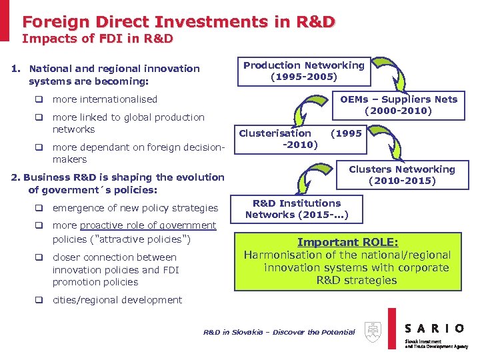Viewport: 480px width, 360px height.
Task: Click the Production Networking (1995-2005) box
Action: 304,71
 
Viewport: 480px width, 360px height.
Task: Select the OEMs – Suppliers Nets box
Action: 398,105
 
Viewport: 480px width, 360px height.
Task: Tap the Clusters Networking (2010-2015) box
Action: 401,175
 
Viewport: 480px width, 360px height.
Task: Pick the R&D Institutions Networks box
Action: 296,209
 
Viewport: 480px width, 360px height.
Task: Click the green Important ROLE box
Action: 347,261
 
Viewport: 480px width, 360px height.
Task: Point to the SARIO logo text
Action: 435,327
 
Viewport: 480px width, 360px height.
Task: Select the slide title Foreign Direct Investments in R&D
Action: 179,21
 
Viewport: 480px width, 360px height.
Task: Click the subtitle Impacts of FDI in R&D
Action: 97,39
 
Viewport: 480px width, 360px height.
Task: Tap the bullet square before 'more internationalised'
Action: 40,100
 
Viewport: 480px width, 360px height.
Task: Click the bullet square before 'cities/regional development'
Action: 40,300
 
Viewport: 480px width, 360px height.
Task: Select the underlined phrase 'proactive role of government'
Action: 147,225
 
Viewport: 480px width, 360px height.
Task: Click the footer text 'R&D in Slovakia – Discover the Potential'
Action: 279,332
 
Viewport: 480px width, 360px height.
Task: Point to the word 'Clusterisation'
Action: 275,133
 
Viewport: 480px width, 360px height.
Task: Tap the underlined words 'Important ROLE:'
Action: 347,243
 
